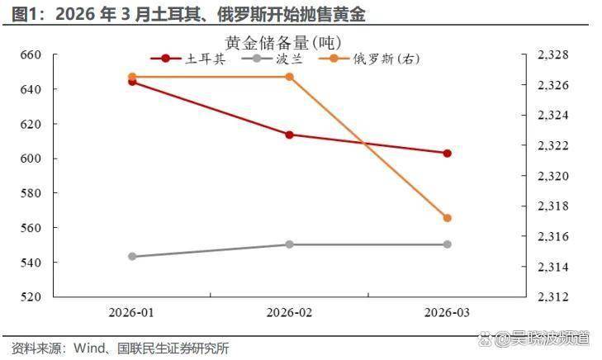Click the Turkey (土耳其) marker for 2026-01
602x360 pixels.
132,82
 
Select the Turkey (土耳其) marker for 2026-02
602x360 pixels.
290,135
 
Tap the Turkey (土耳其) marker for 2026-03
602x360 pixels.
447,153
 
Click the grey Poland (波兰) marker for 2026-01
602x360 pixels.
132,257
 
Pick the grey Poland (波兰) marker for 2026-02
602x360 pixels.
290,244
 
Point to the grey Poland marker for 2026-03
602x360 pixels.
447,244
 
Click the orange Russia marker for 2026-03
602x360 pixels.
447,218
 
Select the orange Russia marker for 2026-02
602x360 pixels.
290,77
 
